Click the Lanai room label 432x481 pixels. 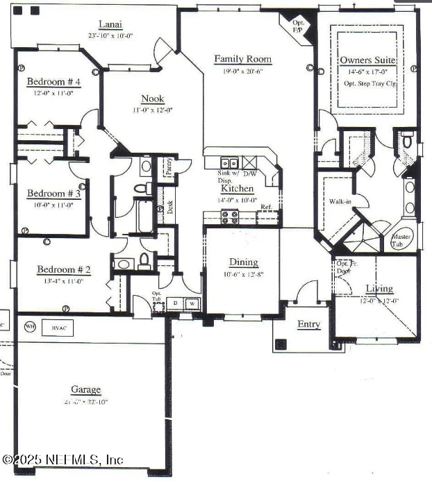[110, 24]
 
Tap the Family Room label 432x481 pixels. [242, 59]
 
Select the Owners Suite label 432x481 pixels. [367, 60]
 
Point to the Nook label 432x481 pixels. [152, 99]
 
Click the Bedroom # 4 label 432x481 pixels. [53, 82]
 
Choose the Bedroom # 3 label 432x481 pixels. [53, 194]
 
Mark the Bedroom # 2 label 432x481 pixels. [59, 269]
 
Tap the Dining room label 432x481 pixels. [244, 262]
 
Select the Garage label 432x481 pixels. [85, 389]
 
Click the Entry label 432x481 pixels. [308, 324]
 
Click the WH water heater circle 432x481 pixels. [30, 326]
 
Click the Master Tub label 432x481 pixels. [403, 240]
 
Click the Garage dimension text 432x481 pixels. [85, 402]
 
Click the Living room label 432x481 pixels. [379, 288]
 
